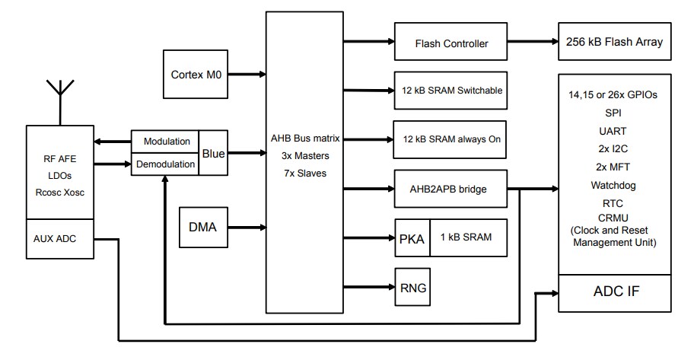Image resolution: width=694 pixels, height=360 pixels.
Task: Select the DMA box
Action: [203, 227]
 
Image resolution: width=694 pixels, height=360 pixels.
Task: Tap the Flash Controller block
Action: [451, 43]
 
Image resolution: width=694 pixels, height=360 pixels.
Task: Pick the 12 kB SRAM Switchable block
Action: [451, 91]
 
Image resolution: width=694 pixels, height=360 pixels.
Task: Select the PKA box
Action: [412, 237]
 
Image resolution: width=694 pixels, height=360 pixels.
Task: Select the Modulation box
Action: [166, 142]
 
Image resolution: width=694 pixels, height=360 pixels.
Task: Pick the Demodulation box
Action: [166, 163]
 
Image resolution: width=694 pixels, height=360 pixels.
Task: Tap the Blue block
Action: [213, 153]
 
